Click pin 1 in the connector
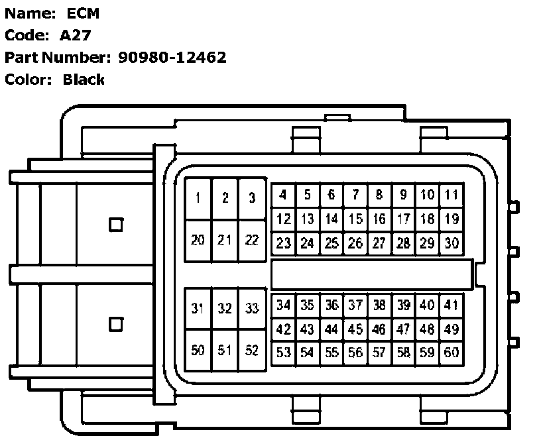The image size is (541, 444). [198, 198]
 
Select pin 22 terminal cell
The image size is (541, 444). [251, 240]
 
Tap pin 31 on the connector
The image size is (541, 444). [198, 308]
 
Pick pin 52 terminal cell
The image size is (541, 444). [251, 351]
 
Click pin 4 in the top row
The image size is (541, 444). [283, 195]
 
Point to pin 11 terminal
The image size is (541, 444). [451, 195]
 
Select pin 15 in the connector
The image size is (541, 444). [355, 219]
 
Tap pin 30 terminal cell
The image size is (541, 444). [451, 243]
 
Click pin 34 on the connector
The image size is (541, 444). [283, 305]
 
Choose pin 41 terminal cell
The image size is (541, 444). [451, 305]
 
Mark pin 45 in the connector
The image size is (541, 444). [355, 329]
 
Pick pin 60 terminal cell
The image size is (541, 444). [451, 353]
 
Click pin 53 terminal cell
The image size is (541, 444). [283, 353]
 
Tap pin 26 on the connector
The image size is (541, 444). [355, 243]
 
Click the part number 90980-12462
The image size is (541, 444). [172, 57]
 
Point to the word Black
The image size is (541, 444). [84, 80]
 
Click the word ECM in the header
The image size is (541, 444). [83, 12]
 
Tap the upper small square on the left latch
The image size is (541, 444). [116, 225]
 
